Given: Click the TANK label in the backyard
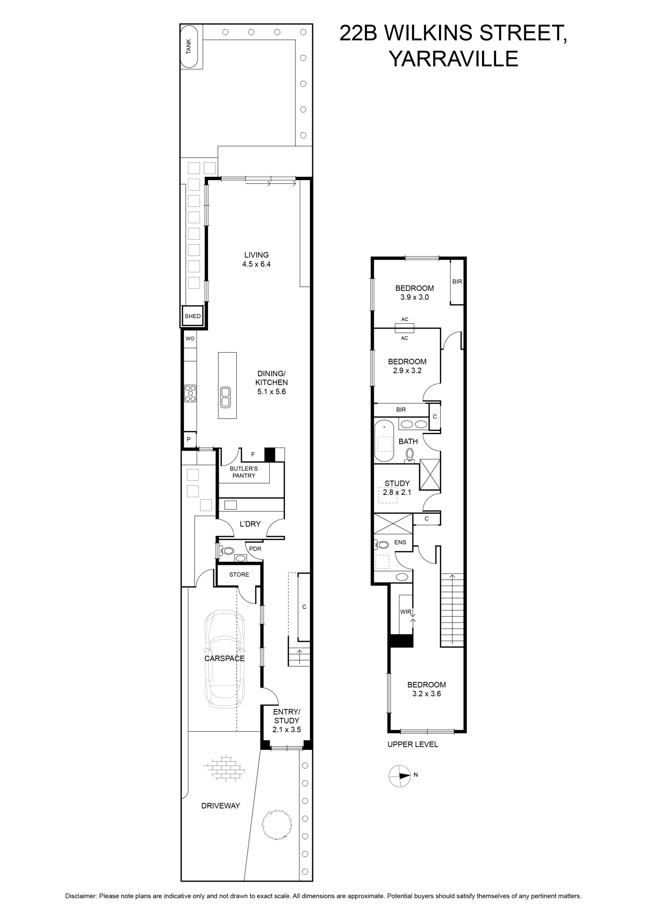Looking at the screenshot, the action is click(x=189, y=46).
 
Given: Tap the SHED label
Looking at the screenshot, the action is click(x=193, y=316).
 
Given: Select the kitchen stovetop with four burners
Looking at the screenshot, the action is click(x=190, y=393).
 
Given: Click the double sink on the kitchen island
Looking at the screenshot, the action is click(x=225, y=397).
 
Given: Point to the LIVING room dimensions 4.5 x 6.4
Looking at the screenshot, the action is click(x=256, y=264).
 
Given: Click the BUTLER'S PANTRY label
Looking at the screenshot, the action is click(x=244, y=472).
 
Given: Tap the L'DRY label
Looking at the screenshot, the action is click(x=250, y=524).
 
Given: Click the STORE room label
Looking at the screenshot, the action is click(x=239, y=575).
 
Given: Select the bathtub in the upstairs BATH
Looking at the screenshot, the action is click(x=384, y=440).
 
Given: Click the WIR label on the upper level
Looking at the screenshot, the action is click(x=406, y=612).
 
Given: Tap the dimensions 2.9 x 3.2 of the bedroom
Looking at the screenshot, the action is click(x=407, y=370).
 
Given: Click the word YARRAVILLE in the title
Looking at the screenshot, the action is click(x=453, y=58).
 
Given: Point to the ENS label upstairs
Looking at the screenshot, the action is click(x=400, y=542).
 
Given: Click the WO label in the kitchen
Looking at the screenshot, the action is click(x=190, y=338).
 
